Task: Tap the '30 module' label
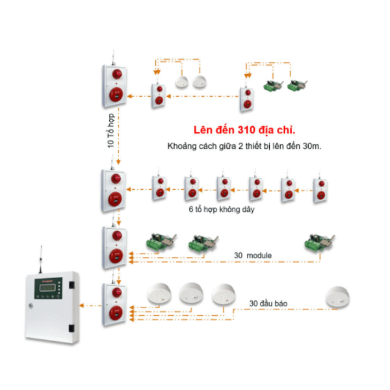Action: (253, 255)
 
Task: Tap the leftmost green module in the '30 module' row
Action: (158, 243)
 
